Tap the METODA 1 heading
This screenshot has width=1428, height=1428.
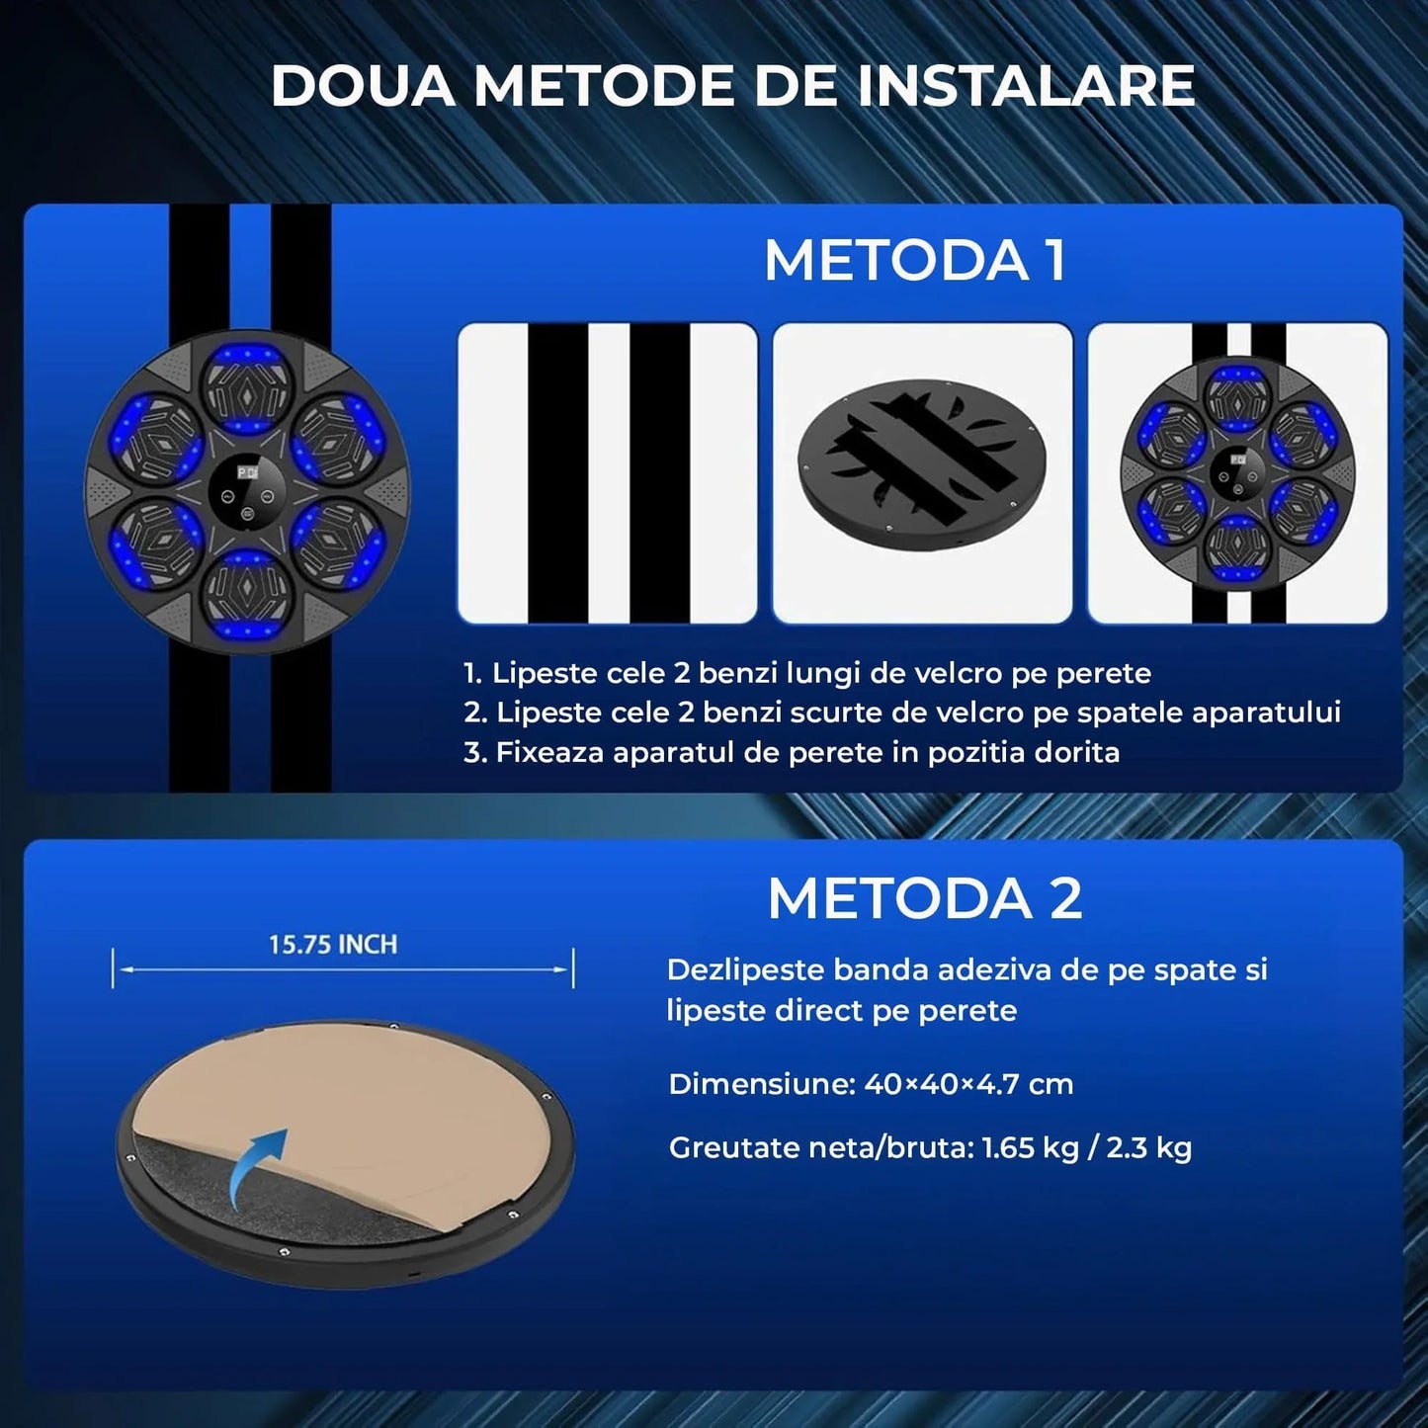(x=914, y=261)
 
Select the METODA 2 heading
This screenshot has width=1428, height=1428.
(x=924, y=899)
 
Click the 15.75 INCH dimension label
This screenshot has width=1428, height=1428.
(x=333, y=945)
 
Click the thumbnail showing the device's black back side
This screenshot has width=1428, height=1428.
(x=921, y=472)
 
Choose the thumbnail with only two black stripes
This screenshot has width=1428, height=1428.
(x=608, y=472)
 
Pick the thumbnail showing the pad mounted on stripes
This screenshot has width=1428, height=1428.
(x=1237, y=472)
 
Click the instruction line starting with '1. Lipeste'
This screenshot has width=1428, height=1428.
(x=807, y=674)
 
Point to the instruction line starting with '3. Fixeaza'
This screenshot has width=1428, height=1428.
(x=792, y=753)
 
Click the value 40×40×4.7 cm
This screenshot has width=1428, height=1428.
(x=968, y=1084)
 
